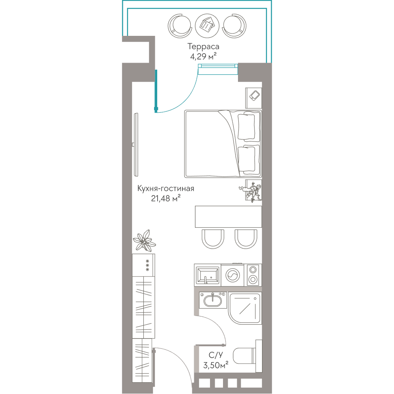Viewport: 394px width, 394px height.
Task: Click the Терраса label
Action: tap(203, 47)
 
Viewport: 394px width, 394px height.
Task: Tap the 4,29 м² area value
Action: tap(203, 56)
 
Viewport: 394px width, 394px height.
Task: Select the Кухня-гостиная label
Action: tap(166, 188)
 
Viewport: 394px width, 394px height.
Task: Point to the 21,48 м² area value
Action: tap(166, 198)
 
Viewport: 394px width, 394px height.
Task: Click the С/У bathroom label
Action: tap(216, 355)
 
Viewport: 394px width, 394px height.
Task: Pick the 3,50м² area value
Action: tap(216, 365)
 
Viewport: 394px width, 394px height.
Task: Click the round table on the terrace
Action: tap(207, 26)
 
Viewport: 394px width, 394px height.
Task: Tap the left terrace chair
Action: tap(180, 26)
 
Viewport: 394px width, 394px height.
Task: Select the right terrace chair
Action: tap(234, 26)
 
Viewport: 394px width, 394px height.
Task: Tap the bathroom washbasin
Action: tap(213, 300)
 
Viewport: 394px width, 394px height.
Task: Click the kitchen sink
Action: tap(208, 275)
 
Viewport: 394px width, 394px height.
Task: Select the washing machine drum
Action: tap(233, 275)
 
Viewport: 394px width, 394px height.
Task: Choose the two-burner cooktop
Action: tap(253, 275)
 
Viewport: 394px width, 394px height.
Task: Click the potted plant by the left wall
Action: tap(144, 241)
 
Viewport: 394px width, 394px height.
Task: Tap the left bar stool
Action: tap(213, 239)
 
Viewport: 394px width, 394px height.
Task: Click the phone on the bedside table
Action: tap(254, 95)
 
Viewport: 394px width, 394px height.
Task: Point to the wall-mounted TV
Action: tap(136, 145)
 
